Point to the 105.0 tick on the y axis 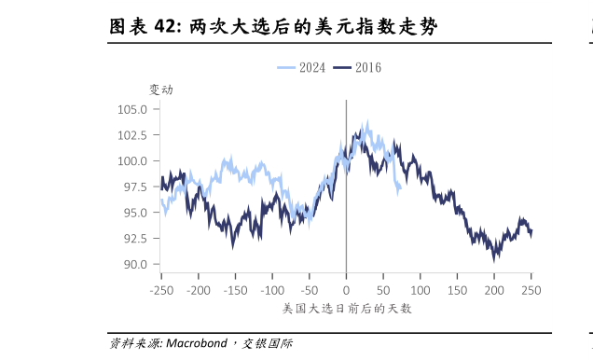point(133,109)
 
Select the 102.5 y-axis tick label point(133,135)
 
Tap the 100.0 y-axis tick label point(133,160)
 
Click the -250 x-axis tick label point(160,290)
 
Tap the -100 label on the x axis point(271,290)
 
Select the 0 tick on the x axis point(346,290)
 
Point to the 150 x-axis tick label point(457,290)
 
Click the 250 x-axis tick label point(531,290)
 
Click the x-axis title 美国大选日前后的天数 point(346,308)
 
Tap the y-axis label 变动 point(161,90)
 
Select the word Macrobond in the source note point(197,343)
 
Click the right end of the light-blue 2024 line point(400,190)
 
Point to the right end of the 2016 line point(531,233)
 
